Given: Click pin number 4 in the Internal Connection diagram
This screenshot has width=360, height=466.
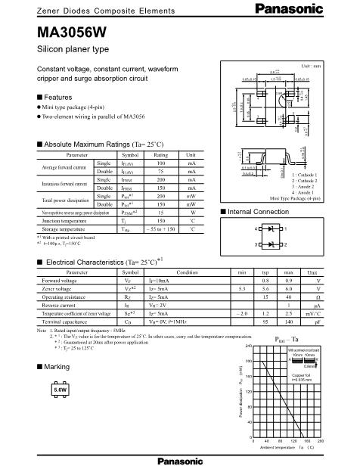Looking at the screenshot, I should [259, 228].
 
